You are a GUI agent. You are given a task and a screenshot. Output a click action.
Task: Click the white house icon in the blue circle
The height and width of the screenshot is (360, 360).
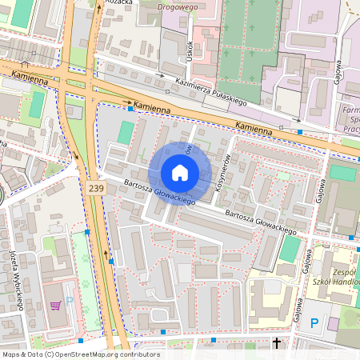[179, 173]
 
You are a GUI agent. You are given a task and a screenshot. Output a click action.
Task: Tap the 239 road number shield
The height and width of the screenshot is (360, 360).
[96, 188]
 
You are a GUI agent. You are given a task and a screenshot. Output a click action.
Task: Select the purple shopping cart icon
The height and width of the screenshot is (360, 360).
[55, 305]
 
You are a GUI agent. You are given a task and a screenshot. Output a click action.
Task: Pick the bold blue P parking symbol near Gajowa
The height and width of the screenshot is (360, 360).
[314, 323]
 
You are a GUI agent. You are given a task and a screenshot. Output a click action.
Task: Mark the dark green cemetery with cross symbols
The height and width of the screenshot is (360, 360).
[248, 48]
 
